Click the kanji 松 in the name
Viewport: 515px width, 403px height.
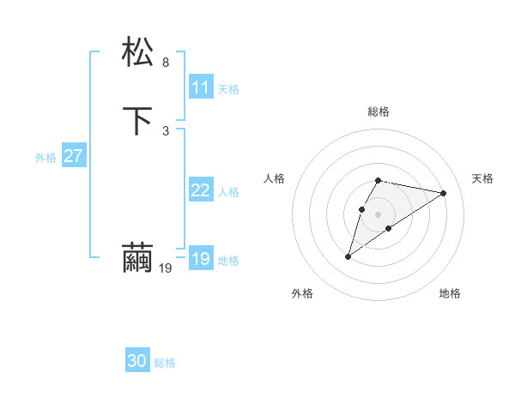click(x=138, y=52)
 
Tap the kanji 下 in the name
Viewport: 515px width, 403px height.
click(x=138, y=121)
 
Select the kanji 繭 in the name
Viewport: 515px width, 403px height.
click(x=138, y=258)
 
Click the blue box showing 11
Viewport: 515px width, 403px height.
click(x=201, y=87)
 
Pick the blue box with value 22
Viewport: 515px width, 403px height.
click(x=201, y=190)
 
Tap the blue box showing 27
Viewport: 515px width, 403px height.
click(x=74, y=156)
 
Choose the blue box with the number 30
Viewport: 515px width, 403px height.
click(x=137, y=362)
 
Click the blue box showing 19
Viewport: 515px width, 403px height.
click(x=201, y=259)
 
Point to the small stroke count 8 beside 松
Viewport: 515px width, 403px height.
click(x=166, y=62)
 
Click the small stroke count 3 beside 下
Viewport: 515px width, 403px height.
click(x=166, y=130)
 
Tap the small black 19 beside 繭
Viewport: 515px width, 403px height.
click(x=166, y=268)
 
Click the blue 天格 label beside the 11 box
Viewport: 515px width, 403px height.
click(x=228, y=89)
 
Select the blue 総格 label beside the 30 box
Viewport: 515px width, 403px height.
click(x=165, y=364)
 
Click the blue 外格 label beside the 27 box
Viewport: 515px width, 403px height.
click(x=45, y=158)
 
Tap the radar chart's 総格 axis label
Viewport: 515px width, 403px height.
click(x=379, y=111)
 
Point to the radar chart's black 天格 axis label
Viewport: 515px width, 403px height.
click(x=483, y=178)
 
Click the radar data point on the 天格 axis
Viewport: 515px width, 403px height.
click(x=443, y=193)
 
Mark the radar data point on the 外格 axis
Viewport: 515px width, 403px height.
click(x=348, y=256)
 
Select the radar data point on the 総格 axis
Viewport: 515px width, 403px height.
click(x=379, y=180)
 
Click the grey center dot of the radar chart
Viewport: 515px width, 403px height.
click(x=379, y=214)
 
